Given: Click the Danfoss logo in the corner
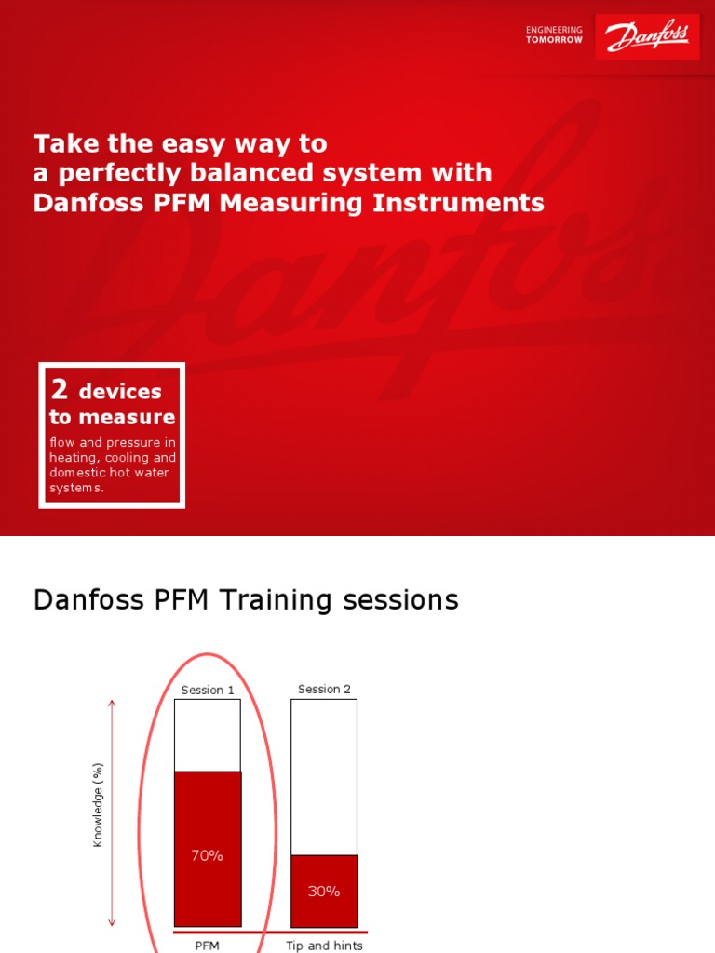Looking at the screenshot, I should click(x=647, y=37).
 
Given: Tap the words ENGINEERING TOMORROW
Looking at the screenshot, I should click(x=554, y=34).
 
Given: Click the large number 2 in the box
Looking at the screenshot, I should click(x=60, y=389).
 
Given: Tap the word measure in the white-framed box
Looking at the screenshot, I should click(x=139, y=417).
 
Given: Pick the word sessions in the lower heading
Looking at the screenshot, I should click(x=401, y=599).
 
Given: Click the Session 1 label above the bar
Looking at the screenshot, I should click(x=208, y=690).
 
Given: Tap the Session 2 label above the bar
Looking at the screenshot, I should click(x=324, y=689).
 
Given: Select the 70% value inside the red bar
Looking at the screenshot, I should click(x=207, y=855).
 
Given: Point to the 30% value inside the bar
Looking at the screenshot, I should click(x=324, y=891).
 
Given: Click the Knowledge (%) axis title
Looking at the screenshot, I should click(x=98, y=805).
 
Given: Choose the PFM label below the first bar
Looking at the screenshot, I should click(x=207, y=946).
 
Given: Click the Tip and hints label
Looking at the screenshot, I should click(x=324, y=946).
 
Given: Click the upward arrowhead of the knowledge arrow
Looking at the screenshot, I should click(x=112, y=704).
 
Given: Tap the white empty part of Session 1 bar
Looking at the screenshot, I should click(x=208, y=735).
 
